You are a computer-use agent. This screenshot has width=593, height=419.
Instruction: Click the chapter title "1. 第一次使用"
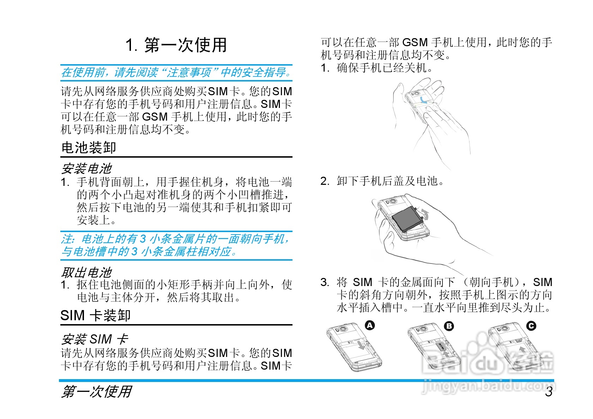(x=176, y=45)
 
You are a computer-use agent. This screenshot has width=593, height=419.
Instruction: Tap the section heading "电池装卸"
(x=89, y=147)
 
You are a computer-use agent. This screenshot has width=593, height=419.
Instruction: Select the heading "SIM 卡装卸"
(x=96, y=315)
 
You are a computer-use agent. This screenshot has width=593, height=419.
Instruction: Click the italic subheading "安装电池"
(x=86, y=169)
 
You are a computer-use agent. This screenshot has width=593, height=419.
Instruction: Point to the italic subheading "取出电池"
(x=86, y=272)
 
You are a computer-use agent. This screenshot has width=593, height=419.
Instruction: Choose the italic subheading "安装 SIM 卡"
(x=95, y=339)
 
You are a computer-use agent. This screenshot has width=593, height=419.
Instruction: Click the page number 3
(x=549, y=392)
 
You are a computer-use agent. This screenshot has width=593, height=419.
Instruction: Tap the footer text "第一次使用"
(x=96, y=391)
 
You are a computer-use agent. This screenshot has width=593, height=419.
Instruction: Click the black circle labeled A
(x=370, y=325)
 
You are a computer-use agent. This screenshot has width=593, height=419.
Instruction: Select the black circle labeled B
(x=449, y=326)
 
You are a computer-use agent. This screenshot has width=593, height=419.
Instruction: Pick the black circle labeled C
(x=531, y=326)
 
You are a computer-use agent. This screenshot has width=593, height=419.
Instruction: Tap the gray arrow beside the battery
(x=425, y=214)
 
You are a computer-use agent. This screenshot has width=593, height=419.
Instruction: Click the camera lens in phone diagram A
(x=343, y=329)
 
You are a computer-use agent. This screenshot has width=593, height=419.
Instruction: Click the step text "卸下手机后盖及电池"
(x=390, y=181)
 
